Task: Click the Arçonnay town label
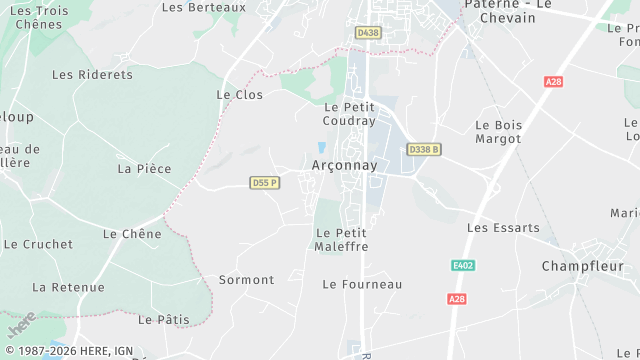click(x=344, y=166)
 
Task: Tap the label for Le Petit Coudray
click(x=350, y=114)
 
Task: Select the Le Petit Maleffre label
click(x=342, y=240)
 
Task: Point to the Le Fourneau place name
click(x=362, y=284)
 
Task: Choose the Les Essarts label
click(x=503, y=228)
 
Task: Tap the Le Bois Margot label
click(x=498, y=132)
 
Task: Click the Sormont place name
click(x=246, y=280)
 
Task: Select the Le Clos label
click(x=240, y=94)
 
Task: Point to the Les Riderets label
click(x=92, y=74)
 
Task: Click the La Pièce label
click(x=144, y=169)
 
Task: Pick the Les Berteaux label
click(x=203, y=7)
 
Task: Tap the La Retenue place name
click(x=68, y=287)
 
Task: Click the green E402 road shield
click(x=461, y=265)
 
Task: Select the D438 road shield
click(x=368, y=33)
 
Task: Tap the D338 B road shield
click(x=424, y=149)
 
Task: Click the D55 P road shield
click(x=265, y=182)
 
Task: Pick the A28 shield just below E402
click(x=457, y=299)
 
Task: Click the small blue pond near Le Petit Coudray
click(x=321, y=148)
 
